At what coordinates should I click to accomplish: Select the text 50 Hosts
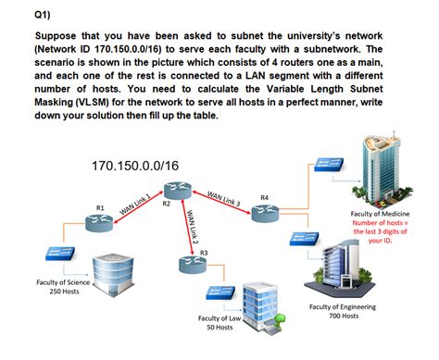pos(219,327)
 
